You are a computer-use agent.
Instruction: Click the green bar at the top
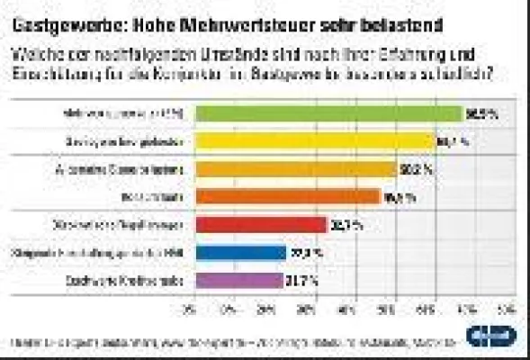click(x=326, y=113)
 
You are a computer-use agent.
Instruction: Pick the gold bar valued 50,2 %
click(x=292, y=169)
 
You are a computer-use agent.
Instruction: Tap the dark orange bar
click(x=284, y=197)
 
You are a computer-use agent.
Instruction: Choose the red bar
click(x=257, y=225)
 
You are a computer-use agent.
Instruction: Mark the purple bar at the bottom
click(x=236, y=281)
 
